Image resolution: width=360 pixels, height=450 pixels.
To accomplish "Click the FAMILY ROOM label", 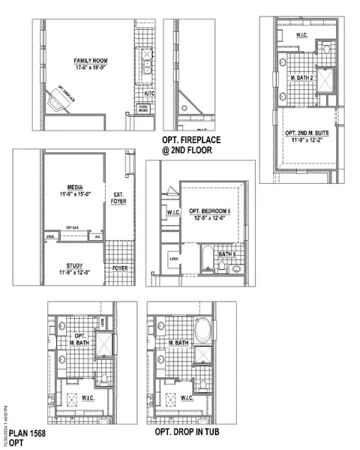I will [x=86, y=60].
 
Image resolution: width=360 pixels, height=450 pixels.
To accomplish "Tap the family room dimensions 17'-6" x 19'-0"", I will [x=86, y=67].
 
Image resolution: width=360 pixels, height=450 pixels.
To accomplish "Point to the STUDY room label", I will [x=74, y=265].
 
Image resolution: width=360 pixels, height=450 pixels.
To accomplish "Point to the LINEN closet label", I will [x=174, y=260].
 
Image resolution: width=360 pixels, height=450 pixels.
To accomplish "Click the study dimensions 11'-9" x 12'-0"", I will [x=74, y=272].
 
